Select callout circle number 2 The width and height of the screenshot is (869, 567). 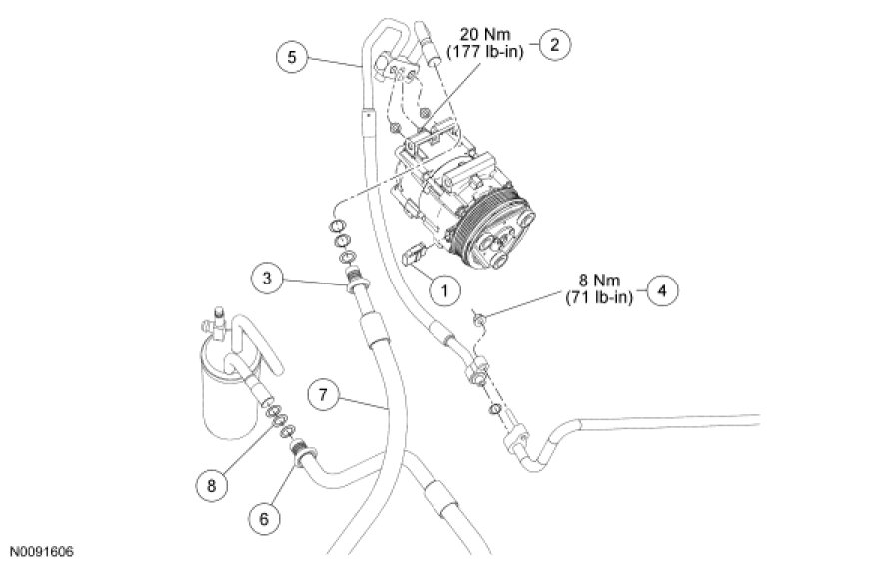tap(554, 44)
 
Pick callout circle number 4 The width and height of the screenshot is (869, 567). tap(661, 289)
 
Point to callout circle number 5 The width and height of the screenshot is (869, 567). tap(291, 57)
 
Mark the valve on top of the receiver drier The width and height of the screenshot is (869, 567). tap(212, 323)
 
